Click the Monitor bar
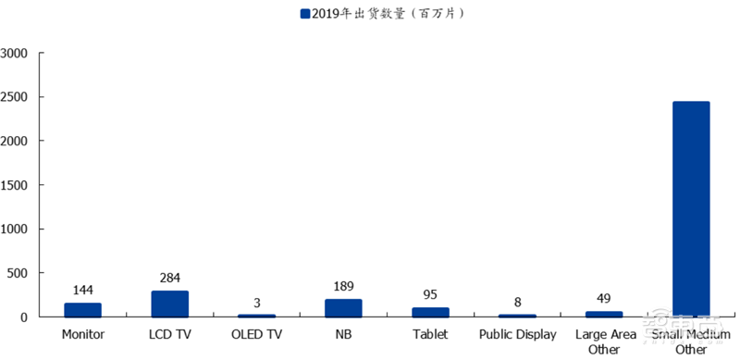[82, 310]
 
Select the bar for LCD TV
[170, 304]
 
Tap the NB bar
[343, 308]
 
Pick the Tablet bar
[430, 312]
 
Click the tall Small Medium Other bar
[691, 209]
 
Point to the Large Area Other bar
[604, 314]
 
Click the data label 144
[82, 291]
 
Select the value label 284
[170, 278]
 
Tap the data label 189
[343, 287]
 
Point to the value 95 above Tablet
[430, 295]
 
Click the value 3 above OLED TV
[257, 303]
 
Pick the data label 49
[604, 299]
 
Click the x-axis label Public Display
[517, 334]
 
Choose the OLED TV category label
[257, 334]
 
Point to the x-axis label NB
[343, 334]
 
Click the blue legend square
[306, 14]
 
